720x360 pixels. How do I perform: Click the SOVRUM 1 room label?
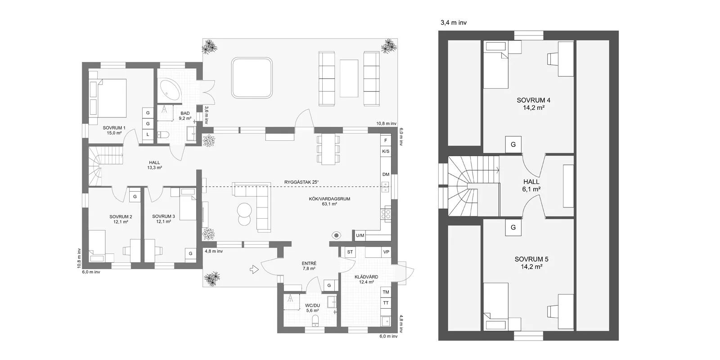114,130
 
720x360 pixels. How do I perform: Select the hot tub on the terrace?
252,78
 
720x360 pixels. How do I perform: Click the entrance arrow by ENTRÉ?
254,270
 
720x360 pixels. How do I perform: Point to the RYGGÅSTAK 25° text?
301,182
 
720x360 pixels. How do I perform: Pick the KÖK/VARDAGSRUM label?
329,201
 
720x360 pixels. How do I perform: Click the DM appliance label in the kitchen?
386,175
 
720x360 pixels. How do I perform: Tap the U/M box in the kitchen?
360,236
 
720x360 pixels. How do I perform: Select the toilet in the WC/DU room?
315,320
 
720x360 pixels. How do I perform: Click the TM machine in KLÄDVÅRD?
386,292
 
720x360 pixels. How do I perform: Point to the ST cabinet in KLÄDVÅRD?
350,252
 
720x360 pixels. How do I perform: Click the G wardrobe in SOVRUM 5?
513,228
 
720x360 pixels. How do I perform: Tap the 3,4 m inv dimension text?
454,22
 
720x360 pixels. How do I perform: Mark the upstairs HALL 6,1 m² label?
531,185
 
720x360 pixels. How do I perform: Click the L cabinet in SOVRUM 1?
148,135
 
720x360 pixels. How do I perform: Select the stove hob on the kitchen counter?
386,214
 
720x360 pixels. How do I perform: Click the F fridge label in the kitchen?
386,140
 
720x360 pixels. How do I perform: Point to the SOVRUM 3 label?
164,219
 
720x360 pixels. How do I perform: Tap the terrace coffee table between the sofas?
349,78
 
